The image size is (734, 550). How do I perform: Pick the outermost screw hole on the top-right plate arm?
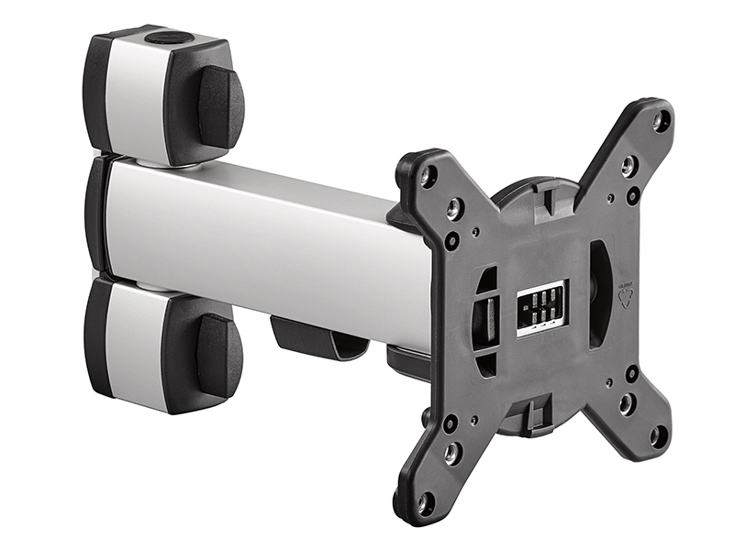pos(661,118)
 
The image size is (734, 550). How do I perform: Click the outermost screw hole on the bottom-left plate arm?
pos(426,502)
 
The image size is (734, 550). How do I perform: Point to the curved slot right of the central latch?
pos(598,293)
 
